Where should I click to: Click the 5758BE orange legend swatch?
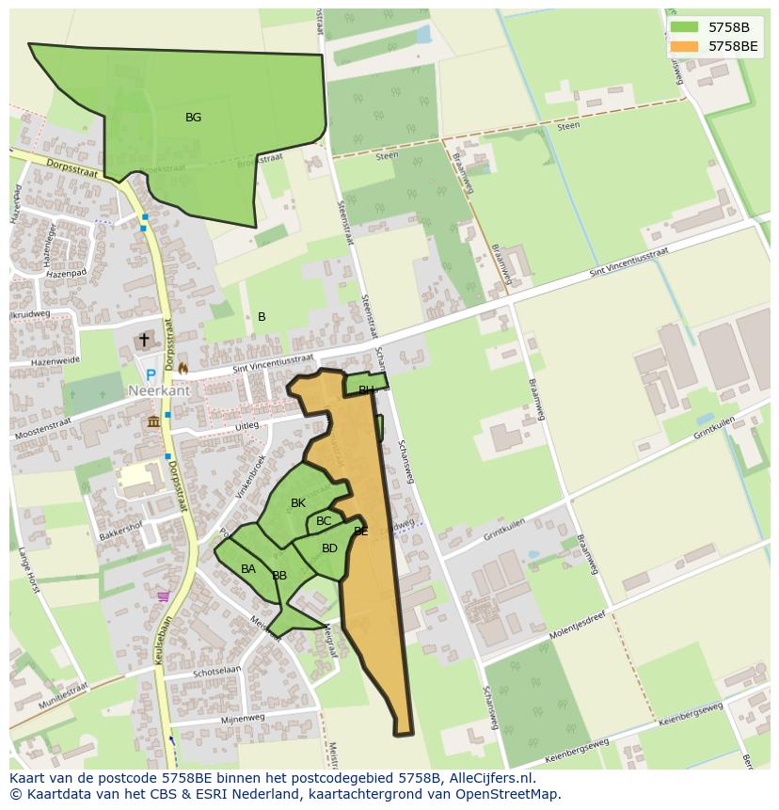pos(684,45)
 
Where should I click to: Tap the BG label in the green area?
pos(193,118)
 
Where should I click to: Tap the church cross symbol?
pos(144,340)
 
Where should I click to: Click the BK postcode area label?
pos(298,503)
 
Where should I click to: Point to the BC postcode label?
pos(324,521)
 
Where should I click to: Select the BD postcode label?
pos(329,548)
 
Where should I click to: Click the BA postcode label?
pos(248,569)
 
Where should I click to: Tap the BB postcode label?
pos(279,576)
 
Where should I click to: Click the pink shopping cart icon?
pos(164,596)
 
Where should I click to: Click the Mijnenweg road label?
pos(243,718)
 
